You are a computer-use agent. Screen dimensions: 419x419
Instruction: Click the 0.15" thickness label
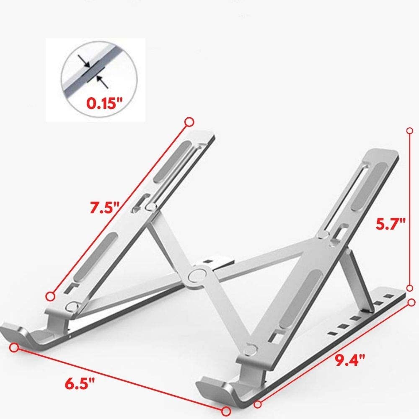[104, 103]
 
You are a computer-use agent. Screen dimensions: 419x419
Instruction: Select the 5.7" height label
[391, 223]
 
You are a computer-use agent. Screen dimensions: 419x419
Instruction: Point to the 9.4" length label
[350, 360]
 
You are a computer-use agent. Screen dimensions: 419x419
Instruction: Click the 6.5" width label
[80, 384]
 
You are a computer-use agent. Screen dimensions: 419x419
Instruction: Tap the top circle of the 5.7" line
[410, 131]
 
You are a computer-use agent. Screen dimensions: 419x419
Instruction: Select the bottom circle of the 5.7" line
[409, 288]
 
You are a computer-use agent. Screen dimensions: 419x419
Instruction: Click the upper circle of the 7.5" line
[189, 122]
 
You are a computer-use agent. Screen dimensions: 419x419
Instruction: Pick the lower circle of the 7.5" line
[50, 296]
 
